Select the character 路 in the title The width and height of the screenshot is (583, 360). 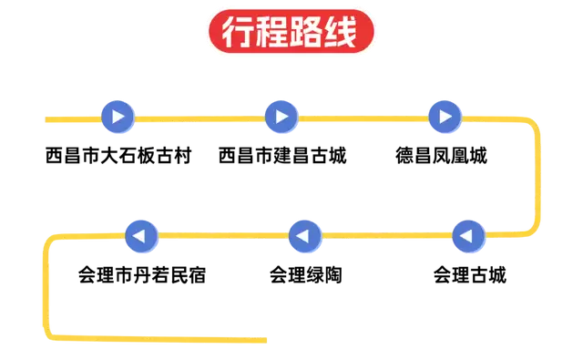tap(309, 33)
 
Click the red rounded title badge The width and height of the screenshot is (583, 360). tap(291, 33)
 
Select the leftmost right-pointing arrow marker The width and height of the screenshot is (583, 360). tap(118, 117)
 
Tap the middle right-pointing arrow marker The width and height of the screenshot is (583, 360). tap(281, 117)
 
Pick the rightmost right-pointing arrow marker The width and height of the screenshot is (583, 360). tap(445, 117)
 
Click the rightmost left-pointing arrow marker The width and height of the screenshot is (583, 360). tap(468, 237)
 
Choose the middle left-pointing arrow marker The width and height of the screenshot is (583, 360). tap(305, 237)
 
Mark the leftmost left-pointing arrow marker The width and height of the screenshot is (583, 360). tap(141, 237)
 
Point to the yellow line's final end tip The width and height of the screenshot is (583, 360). tap(265, 341)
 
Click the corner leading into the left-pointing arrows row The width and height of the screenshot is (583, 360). tap(534, 230)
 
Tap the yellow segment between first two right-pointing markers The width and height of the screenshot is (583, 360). tap(199, 118)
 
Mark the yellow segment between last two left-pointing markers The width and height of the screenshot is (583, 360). tap(223, 236)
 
